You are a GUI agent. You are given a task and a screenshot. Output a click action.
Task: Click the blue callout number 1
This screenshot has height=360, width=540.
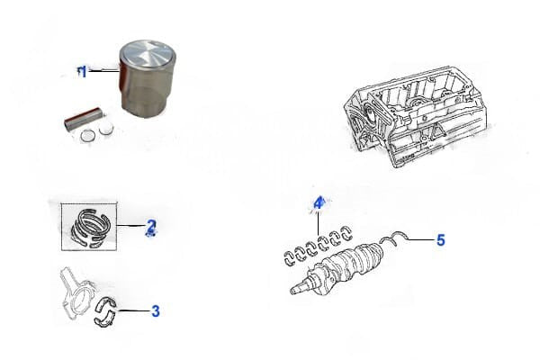83,72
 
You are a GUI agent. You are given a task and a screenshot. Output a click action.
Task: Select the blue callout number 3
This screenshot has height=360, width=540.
156,311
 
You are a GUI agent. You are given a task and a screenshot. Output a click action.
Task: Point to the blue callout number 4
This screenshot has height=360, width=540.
319,203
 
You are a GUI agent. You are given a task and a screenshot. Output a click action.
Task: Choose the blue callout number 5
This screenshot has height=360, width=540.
441,239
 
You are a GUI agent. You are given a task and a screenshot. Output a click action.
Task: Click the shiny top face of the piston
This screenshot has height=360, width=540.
147,54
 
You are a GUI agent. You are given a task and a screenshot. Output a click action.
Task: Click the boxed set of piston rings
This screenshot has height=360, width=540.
89,227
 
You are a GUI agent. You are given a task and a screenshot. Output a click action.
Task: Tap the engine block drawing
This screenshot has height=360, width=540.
416,116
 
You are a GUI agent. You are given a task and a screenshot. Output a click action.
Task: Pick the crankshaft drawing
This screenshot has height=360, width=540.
337,270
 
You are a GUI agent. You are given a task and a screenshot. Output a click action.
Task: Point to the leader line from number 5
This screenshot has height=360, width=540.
421,239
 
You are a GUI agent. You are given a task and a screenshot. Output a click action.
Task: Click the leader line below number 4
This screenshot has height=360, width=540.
319,222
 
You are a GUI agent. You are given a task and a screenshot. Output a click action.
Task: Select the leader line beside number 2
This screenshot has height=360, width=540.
130,226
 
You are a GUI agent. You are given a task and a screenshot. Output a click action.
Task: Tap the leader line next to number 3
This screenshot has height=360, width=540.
134,310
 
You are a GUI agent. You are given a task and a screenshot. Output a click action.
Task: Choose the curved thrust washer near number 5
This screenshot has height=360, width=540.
395,238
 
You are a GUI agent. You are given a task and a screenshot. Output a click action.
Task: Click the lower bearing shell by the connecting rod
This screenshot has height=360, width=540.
105,319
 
